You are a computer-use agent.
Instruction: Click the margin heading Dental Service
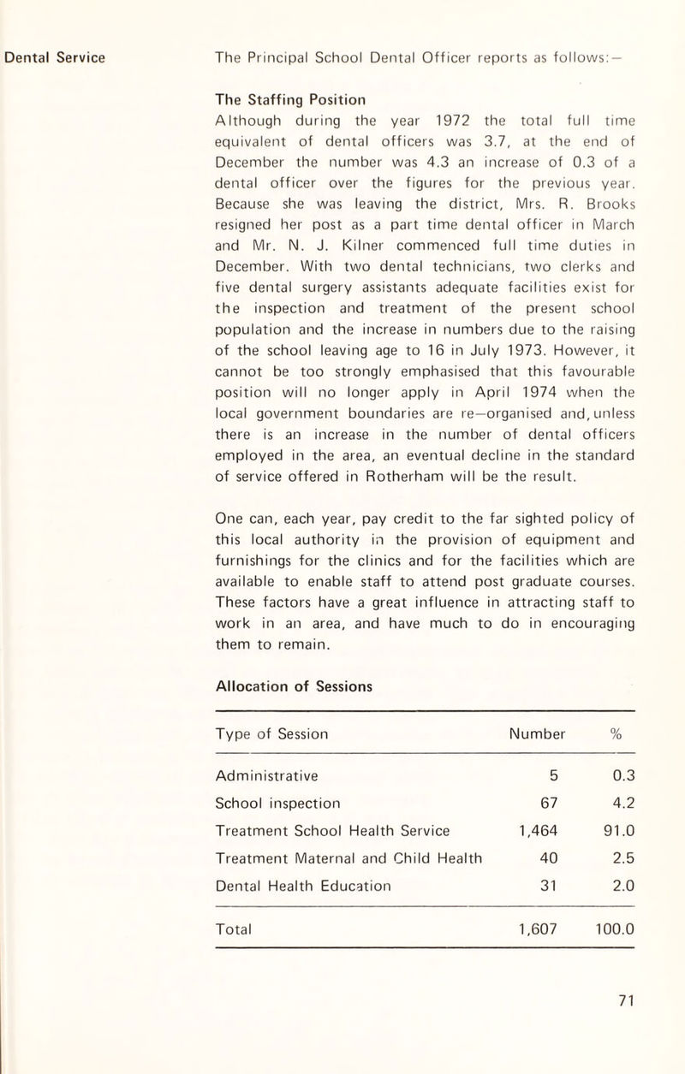[x=57, y=59]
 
